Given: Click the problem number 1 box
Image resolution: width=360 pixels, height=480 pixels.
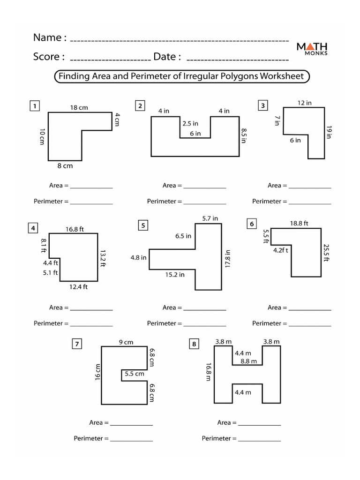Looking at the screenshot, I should click(x=34, y=106).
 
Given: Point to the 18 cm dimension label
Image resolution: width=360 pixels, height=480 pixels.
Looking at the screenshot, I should click(x=79, y=108).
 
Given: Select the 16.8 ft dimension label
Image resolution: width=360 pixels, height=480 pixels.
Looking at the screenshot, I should click(x=75, y=229).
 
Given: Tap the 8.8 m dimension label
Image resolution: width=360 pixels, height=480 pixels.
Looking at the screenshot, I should click(x=248, y=361).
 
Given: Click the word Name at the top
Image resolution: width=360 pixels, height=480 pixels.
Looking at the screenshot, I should click(x=47, y=37).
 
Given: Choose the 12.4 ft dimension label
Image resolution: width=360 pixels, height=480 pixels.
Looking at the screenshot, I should click(x=78, y=287).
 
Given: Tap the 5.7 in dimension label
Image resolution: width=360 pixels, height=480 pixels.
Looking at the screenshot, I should click(x=210, y=218).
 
